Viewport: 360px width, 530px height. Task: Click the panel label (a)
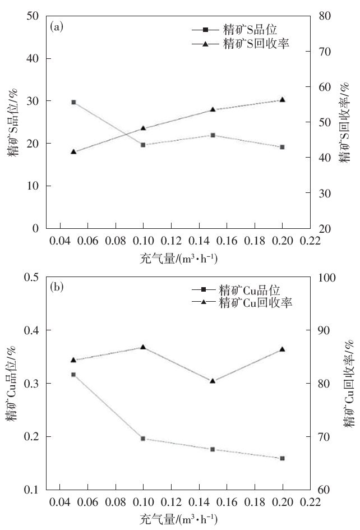[56, 26]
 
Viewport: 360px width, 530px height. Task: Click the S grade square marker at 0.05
[74, 102]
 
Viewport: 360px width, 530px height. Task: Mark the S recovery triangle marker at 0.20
[283, 99]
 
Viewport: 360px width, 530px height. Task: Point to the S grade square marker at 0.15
[213, 135]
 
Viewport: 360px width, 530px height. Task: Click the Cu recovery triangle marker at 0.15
[213, 380]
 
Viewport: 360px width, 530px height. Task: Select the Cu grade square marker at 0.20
[283, 458]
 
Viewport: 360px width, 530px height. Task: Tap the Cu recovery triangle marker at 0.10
[144, 347]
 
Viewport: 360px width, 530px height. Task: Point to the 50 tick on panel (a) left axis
[32, 16]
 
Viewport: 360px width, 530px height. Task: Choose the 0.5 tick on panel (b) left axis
[30, 278]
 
